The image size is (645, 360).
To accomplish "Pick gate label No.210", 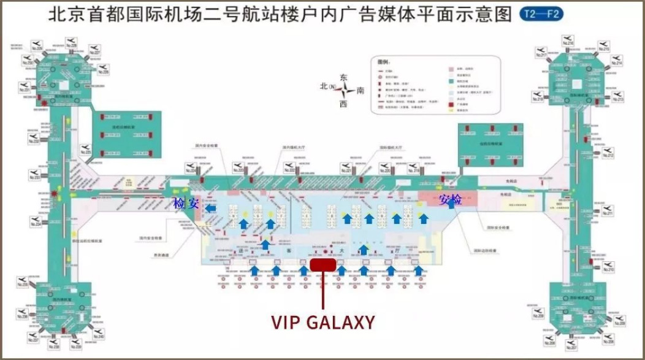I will coord(608,269).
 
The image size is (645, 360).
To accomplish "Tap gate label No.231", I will coord(25,91).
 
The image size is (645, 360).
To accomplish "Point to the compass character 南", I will coord(361,90).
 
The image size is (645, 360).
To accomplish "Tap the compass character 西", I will coord(343,104).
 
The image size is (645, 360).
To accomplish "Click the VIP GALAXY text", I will coord(322,323).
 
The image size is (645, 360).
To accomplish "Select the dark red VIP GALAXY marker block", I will coord(322,264).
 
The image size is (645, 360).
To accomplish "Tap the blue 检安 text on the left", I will coord(186,204).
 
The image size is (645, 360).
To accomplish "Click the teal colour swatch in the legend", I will coord(451,80).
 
